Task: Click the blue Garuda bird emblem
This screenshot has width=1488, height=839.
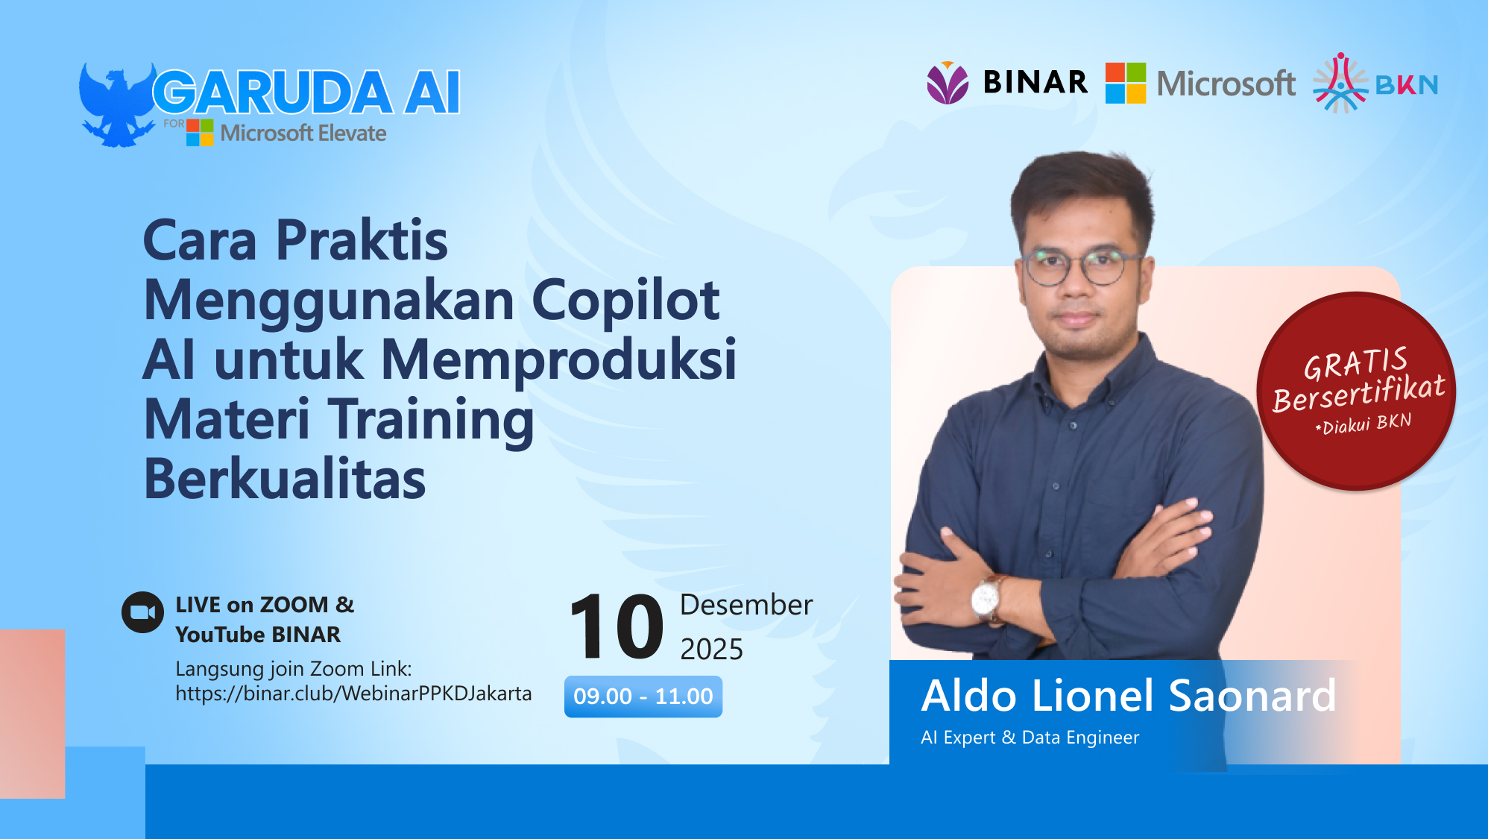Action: coord(116,104)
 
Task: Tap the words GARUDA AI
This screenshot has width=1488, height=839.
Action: coord(306,93)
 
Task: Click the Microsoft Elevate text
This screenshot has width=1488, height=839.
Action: coord(303,133)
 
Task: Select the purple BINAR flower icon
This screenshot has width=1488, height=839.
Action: coord(948,83)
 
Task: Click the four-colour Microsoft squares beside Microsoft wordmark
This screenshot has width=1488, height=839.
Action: coord(1125,83)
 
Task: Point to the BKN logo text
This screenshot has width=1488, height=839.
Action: coord(1406,85)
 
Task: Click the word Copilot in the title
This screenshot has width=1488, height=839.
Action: coord(625,301)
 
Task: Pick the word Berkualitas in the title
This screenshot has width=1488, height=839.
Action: coord(284,480)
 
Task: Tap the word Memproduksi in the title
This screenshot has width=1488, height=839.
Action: coord(558,360)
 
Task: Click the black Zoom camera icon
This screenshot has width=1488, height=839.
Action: coord(142,612)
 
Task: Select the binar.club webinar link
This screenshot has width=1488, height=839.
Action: coord(353,694)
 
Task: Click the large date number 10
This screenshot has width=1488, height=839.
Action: coord(616,626)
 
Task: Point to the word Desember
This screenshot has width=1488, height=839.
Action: coord(746,605)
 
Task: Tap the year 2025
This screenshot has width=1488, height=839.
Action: coord(711,650)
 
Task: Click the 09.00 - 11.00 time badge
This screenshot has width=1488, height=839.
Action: coord(643,697)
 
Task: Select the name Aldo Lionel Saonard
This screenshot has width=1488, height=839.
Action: coord(1128,696)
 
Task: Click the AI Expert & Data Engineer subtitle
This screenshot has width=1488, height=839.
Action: coord(1030,738)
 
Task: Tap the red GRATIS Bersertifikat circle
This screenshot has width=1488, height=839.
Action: coord(1356,391)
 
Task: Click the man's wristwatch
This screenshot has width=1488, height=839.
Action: coord(986,597)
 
